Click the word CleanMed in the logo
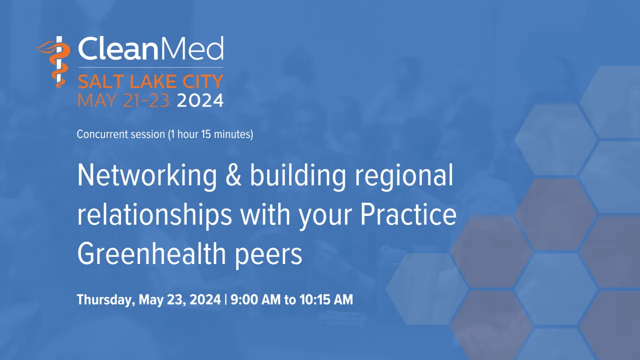[150, 49]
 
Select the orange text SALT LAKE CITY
[150, 81]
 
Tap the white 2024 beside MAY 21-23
[200, 100]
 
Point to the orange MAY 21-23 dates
[125, 100]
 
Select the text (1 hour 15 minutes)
[211, 134]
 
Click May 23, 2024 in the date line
[179, 300]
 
